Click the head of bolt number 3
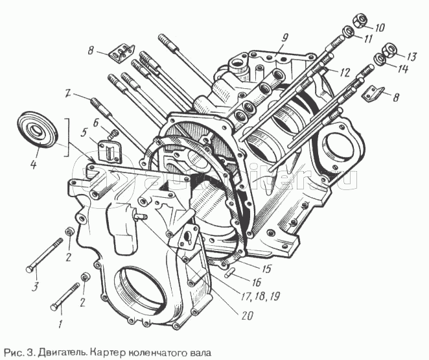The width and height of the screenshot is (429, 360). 30,268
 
